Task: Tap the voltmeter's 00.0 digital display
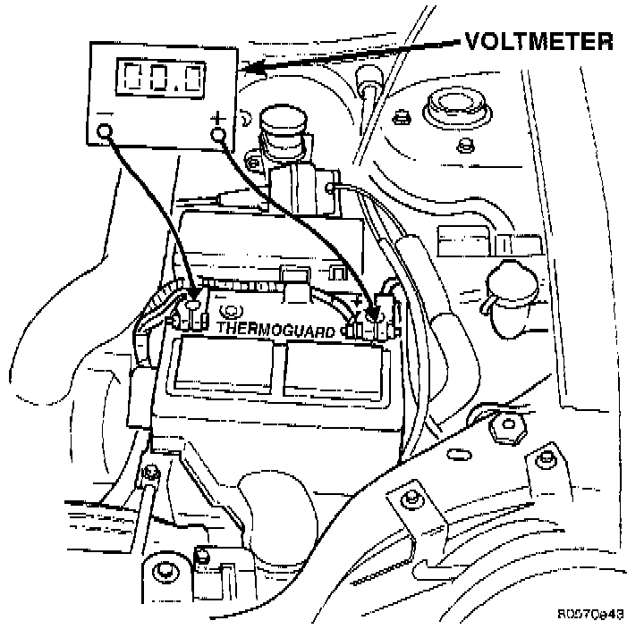[x=162, y=79]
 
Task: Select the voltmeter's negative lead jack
[x=105, y=133]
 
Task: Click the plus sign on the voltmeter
[x=217, y=117]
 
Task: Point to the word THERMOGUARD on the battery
[x=277, y=329]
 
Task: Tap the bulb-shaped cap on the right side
[x=507, y=290]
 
